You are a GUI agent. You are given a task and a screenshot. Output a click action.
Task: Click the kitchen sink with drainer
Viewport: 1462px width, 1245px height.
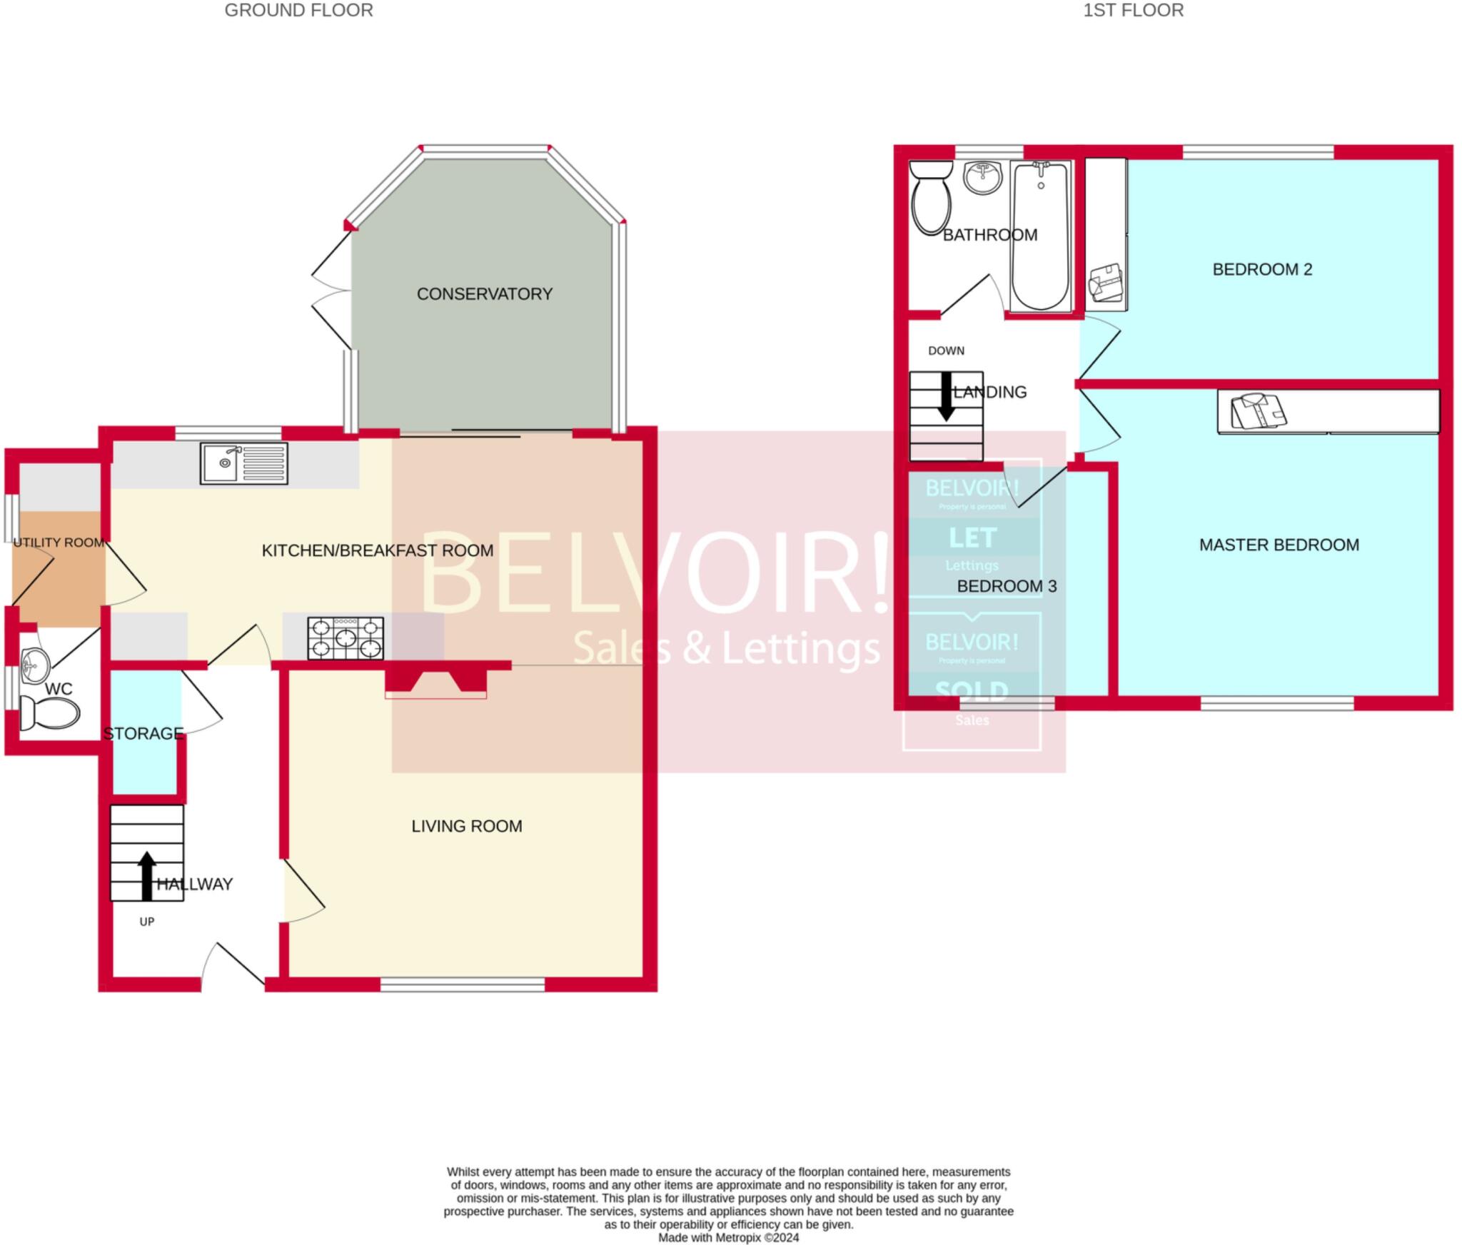[x=243, y=463]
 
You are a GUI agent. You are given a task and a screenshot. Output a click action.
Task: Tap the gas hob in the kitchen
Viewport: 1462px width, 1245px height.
[x=346, y=638]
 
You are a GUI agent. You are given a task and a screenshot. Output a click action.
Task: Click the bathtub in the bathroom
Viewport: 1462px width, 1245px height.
[x=1040, y=236]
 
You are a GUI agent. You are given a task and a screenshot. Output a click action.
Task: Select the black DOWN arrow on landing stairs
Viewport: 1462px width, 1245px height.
[x=946, y=395]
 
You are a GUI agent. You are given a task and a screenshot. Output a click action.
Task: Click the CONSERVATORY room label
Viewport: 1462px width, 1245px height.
[x=484, y=294]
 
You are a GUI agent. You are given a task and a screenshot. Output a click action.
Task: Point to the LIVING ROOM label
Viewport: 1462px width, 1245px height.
[x=466, y=826]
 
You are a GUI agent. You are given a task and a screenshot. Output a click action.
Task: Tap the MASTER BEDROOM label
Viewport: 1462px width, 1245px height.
[x=1279, y=545]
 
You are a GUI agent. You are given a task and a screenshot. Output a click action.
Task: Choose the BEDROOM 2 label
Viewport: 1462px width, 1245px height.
[x=1261, y=269]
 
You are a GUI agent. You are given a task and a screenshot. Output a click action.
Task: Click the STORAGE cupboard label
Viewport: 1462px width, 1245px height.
[x=143, y=733]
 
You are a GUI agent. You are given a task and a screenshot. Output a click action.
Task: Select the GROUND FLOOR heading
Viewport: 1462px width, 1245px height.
[x=298, y=10]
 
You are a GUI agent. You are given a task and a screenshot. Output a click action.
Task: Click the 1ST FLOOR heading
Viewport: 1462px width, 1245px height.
[x=1133, y=10]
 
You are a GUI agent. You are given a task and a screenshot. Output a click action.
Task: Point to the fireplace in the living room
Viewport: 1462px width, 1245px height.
[x=435, y=682]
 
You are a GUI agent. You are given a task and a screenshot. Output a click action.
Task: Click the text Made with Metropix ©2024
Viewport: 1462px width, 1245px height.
[x=728, y=1238]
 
